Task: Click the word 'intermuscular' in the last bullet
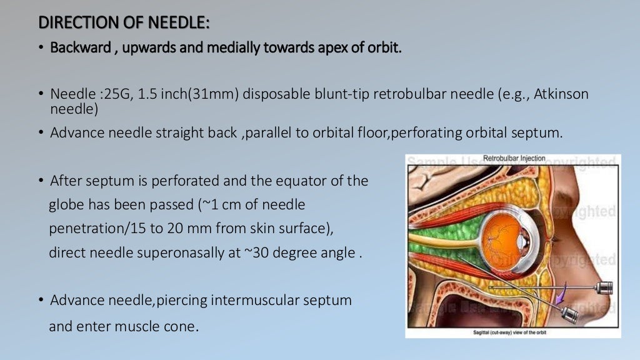(250, 300)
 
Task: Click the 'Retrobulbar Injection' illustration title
(514, 159)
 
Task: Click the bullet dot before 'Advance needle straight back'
(41, 133)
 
